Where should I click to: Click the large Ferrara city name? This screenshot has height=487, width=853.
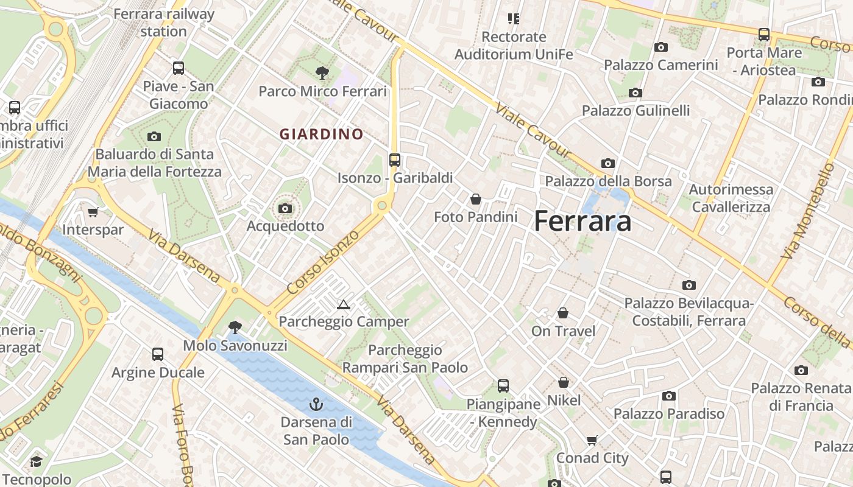(x=582, y=221)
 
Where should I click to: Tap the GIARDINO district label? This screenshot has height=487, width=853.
(x=321, y=134)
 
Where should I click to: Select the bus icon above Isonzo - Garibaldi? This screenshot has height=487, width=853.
(x=395, y=160)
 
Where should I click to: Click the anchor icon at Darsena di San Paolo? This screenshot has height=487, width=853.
(x=316, y=404)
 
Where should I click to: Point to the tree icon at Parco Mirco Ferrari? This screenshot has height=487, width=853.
(x=322, y=74)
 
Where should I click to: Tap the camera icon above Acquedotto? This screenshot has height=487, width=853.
(x=285, y=209)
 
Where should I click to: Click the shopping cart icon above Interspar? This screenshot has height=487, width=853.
(x=93, y=212)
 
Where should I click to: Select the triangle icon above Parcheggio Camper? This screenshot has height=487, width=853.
(x=343, y=304)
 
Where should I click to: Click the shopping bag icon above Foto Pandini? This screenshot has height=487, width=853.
(x=475, y=199)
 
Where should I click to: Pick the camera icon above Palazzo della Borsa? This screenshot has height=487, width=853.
(x=607, y=163)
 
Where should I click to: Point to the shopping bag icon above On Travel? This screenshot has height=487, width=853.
(x=563, y=313)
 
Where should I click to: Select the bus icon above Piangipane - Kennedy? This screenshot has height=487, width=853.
(x=503, y=385)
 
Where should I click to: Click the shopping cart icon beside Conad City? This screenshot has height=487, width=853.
(x=592, y=440)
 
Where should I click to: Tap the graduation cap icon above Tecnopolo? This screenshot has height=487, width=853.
(x=36, y=461)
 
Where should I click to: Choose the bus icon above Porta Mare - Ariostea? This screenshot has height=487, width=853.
(x=763, y=35)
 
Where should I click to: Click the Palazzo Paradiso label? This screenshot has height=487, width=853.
(x=668, y=414)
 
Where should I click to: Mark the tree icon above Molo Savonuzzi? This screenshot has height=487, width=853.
(x=235, y=328)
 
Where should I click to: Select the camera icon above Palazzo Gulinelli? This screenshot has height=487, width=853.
(x=635, y=93)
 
